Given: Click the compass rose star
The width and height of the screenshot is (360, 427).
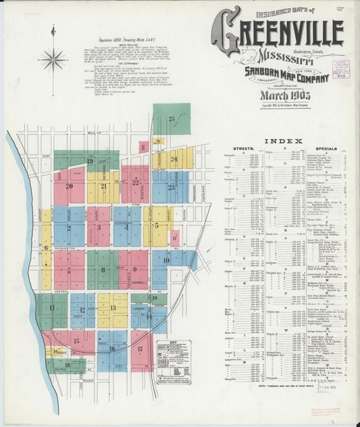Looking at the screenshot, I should tap(53, 59).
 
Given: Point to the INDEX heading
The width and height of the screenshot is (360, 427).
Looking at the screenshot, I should tap(283, 141).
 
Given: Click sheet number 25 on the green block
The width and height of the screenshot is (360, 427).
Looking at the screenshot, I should tap(172, 119).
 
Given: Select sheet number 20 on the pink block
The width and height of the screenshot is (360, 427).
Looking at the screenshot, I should tap(69, 186).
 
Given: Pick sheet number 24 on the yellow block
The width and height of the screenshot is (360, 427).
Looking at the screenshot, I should tap(174, 159).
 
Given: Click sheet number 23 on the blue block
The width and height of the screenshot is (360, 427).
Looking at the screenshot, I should tap(172, 187).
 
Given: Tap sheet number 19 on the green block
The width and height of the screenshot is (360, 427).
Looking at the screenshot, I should tap(89, 161).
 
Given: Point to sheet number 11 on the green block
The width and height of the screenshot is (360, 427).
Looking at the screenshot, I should tap(52, 308).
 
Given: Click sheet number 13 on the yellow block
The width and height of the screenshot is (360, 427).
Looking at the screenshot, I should tap(112, 308).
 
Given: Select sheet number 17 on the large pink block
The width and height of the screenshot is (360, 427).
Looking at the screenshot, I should tap(140, 349).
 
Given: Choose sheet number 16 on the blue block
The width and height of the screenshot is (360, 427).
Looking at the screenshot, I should tap(111, 349).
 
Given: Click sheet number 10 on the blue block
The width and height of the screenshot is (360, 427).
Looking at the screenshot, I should tap(166, 260).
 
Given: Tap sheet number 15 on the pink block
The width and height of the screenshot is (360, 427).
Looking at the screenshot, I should tap(76, 341).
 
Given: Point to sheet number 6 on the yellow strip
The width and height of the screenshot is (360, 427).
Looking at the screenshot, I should tap(46, 248).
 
